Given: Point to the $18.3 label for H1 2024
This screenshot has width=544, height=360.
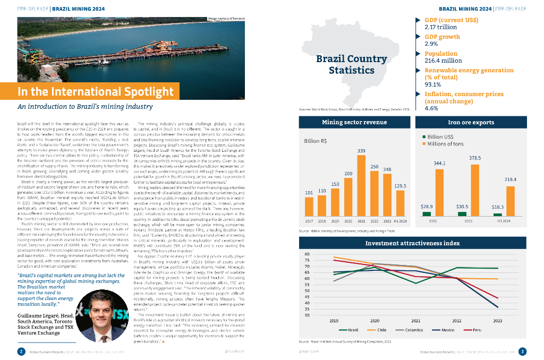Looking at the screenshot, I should click(498, 206).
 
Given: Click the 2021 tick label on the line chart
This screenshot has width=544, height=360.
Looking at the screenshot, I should click(415, 321).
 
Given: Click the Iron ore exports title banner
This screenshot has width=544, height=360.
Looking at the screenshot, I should click(471, 122).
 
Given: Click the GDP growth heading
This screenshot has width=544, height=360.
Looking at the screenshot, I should click(442, 37).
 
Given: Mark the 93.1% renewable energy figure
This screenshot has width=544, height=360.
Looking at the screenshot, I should click(433, 84).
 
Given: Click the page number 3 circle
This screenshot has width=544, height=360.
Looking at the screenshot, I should click(522, 351).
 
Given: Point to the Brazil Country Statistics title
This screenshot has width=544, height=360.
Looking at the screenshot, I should click(351, 64).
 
